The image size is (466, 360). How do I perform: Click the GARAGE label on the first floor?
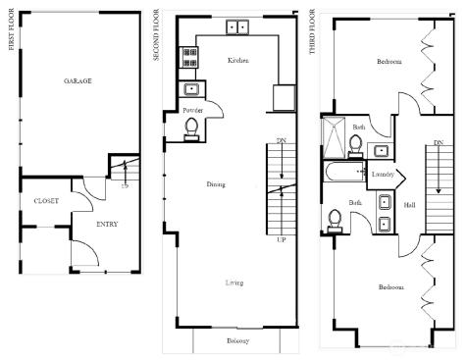click(x=78, y=80)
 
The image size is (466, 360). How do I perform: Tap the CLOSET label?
click(x=46, y=200)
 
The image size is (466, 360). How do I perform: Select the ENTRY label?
click(x=108, y=224)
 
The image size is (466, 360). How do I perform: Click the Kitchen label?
click(x=237, y=60)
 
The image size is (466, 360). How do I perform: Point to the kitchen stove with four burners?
click(x=188, y=58)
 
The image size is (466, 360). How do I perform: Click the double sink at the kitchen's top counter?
click(x=237, y=26)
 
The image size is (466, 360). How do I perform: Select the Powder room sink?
click(x=192, y=90)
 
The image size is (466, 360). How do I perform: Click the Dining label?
click(x=216, y=183)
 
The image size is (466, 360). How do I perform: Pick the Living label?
click(x=234, y=283)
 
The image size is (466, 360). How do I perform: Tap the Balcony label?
click(x=236, y=340)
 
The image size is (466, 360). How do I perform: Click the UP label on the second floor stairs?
click(x=282, y=237)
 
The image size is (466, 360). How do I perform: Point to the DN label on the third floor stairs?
click(x=438, y=143)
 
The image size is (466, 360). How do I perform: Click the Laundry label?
click(x=383, y=174)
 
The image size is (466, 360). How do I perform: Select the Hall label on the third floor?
click(x=408, y=205)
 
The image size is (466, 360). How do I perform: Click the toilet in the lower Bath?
click(x=335, y=218)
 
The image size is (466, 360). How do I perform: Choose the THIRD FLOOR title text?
click(x=312, y=34)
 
